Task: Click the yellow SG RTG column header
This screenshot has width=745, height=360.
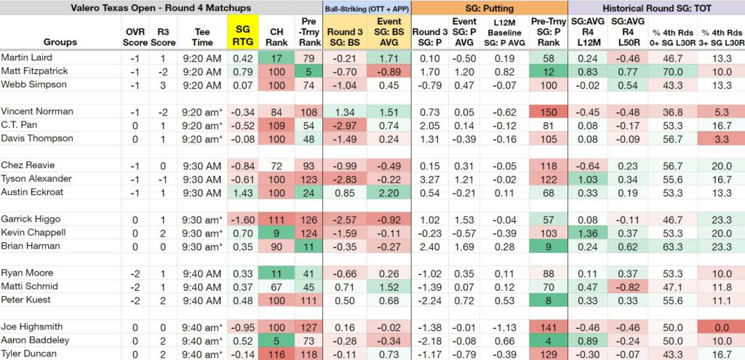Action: (243, 32)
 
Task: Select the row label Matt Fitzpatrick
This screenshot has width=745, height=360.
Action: (34, 71)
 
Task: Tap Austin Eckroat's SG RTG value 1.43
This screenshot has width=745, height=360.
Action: (243, 192)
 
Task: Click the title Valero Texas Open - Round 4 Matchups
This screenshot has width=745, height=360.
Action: (161, 7)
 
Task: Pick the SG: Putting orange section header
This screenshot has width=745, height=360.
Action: (490, 7)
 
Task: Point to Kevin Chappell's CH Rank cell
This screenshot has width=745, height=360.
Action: (276, 232)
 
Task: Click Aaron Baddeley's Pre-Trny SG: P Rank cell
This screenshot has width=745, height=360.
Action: (549, 340)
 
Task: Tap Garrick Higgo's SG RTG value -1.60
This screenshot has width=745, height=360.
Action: (243, 219)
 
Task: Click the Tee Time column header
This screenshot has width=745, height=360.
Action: (202, 36)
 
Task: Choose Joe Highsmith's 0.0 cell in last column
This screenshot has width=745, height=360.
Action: (722, 327)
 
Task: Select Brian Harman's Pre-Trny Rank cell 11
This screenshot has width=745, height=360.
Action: (308, 246)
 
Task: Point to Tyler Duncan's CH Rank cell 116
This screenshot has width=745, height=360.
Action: (276, 354)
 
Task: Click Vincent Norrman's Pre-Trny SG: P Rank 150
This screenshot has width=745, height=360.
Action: (549, 111)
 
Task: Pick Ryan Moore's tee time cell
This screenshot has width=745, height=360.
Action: (202, 273)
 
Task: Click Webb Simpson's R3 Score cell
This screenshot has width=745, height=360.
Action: (163, 84)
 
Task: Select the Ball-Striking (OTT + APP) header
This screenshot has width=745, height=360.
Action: (367, 7)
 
